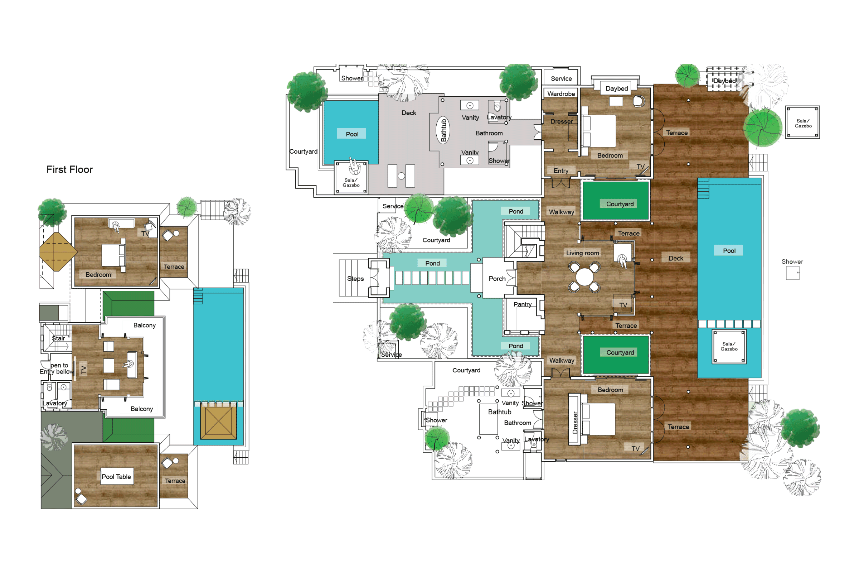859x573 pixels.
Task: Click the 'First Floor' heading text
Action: pos(69,169)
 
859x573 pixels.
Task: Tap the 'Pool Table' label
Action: pos(116,477)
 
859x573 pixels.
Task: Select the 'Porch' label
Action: pos(497,279)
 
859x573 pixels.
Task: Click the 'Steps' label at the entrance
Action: pos(355,279)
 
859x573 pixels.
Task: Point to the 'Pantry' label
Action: pos(522,304)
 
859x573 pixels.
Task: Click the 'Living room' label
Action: pos(583,253)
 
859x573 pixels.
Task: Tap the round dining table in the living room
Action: pos(584,277)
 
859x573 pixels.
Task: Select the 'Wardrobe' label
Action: pos(561,94)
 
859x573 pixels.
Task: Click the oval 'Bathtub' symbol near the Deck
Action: pos(443,130)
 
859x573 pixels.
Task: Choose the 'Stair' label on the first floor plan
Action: pos(58,338)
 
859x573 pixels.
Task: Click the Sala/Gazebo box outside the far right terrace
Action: pos(803,123)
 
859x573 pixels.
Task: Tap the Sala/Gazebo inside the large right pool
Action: pos(729,346)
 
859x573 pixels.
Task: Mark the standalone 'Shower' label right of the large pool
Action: pos(792,262)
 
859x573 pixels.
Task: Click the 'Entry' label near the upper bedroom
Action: pos(560,171)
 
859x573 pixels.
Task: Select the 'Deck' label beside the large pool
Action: pos(676,258)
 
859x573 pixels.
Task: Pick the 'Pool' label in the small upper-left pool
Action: pos(352,134)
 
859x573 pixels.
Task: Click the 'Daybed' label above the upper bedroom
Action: pos(616,88)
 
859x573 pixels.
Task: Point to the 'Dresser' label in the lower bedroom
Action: pos(575,423)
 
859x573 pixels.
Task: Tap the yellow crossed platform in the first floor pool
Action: pos(218,423)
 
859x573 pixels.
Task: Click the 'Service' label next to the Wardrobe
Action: pos(561,78)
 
